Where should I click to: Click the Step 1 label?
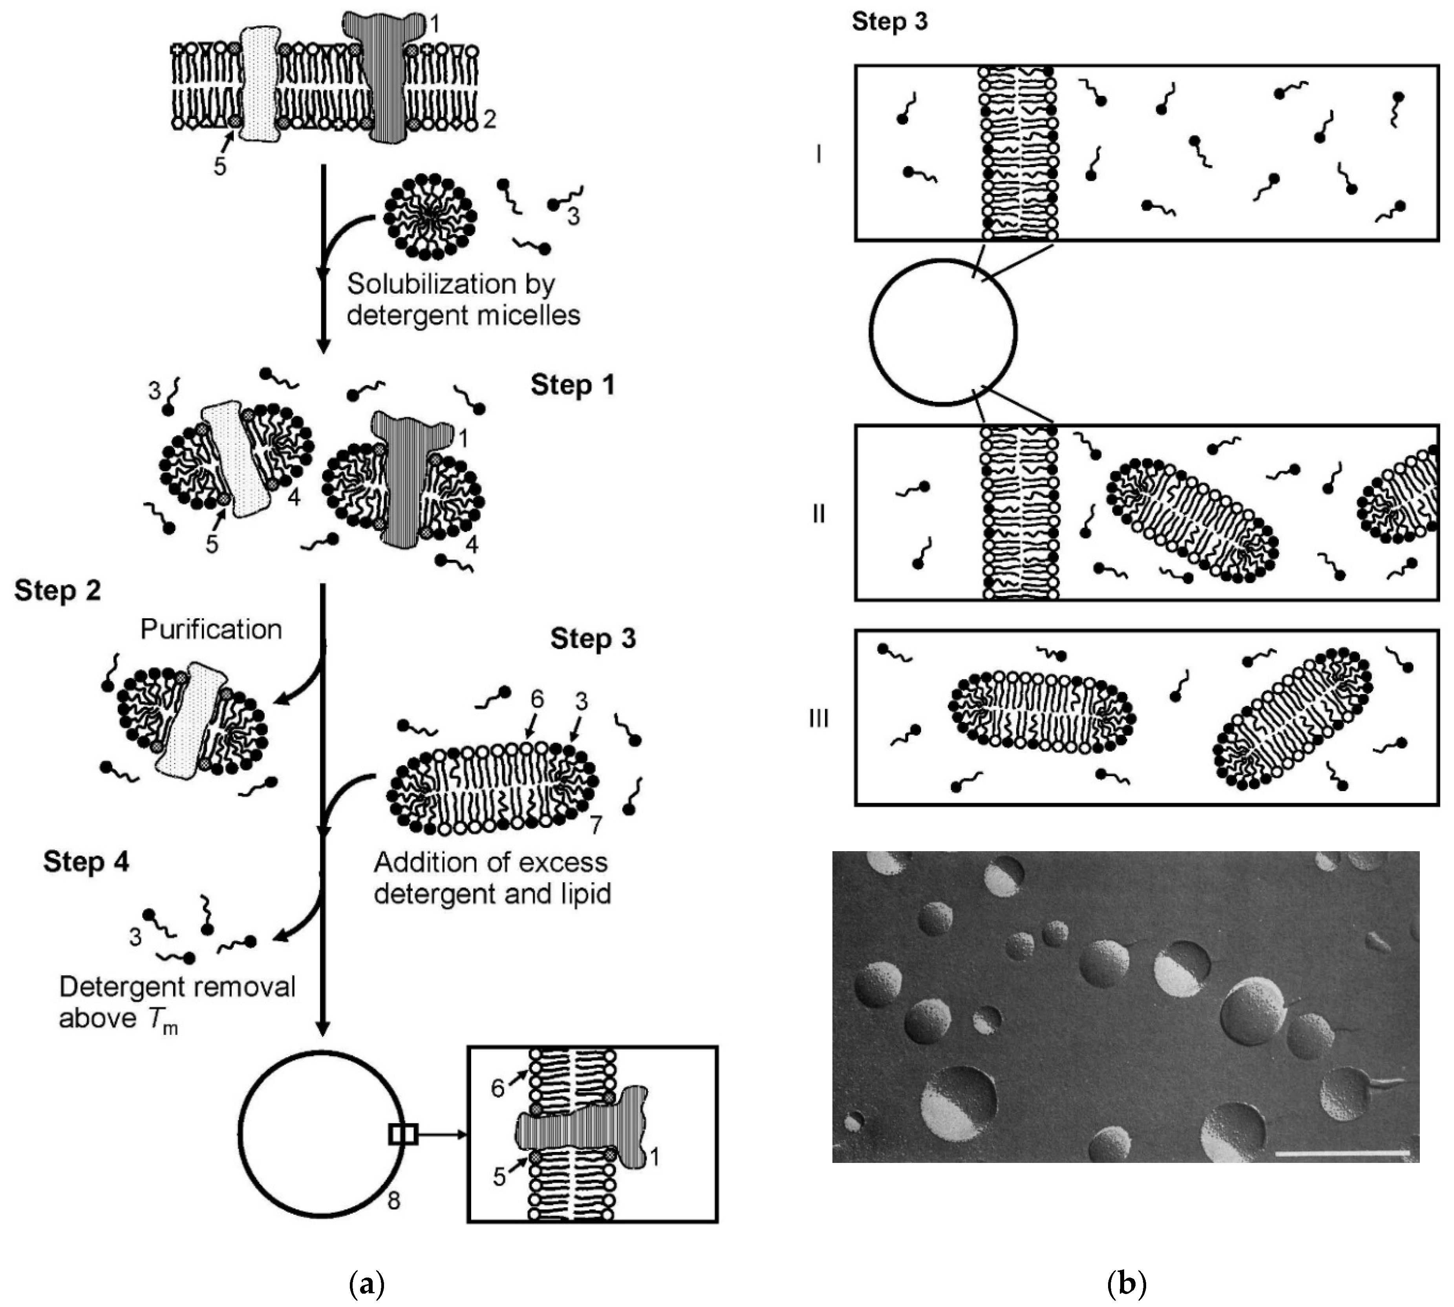point(572,386)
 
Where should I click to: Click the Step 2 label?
point(57,591)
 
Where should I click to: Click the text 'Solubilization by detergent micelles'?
point(463,300)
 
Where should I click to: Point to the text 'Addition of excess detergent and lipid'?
point(492,877)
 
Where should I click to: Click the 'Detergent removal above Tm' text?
point(177,1002)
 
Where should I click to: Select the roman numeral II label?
point(819,514)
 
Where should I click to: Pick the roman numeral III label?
point(819,718)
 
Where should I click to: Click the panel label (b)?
point(1126,1283)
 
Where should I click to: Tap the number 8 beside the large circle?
point(393,1200)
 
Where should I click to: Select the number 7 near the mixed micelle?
point(595,825)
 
